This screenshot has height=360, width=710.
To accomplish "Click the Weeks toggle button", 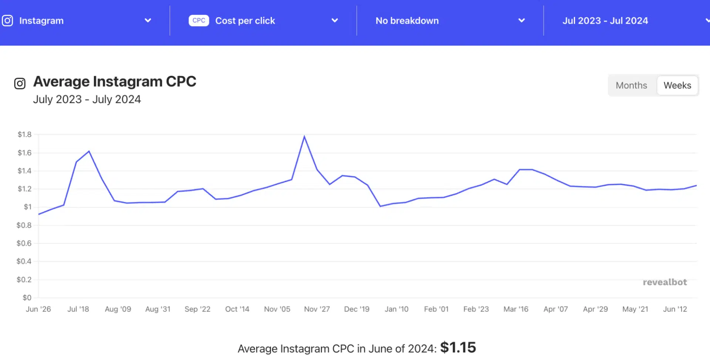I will (677, 85).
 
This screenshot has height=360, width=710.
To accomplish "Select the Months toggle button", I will (631, 85).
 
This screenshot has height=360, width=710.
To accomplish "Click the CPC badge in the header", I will (199, 20).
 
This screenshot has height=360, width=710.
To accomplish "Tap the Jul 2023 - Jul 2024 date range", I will (605, 21).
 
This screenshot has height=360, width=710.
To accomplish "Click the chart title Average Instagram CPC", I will (115, 82).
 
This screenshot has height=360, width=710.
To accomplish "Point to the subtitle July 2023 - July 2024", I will (87, 99).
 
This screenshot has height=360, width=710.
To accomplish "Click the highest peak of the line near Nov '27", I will (304, 136).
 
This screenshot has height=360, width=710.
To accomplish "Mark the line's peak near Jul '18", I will (89, 151).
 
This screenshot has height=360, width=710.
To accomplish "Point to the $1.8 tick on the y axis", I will (24, 135).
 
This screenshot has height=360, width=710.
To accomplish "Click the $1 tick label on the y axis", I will (28, 207).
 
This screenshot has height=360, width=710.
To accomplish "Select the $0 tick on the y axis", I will (27, 298).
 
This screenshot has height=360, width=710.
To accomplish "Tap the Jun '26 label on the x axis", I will (38, 309).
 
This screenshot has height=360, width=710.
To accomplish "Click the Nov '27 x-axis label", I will (317, 309).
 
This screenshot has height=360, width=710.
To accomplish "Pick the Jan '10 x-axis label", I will (396, 309).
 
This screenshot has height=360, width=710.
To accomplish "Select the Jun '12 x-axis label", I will (675, 309).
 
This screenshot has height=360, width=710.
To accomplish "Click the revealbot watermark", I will (665, 282).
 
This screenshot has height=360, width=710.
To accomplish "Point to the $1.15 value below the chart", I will (458, 348).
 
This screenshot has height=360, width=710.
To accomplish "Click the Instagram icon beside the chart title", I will (20, 84).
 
